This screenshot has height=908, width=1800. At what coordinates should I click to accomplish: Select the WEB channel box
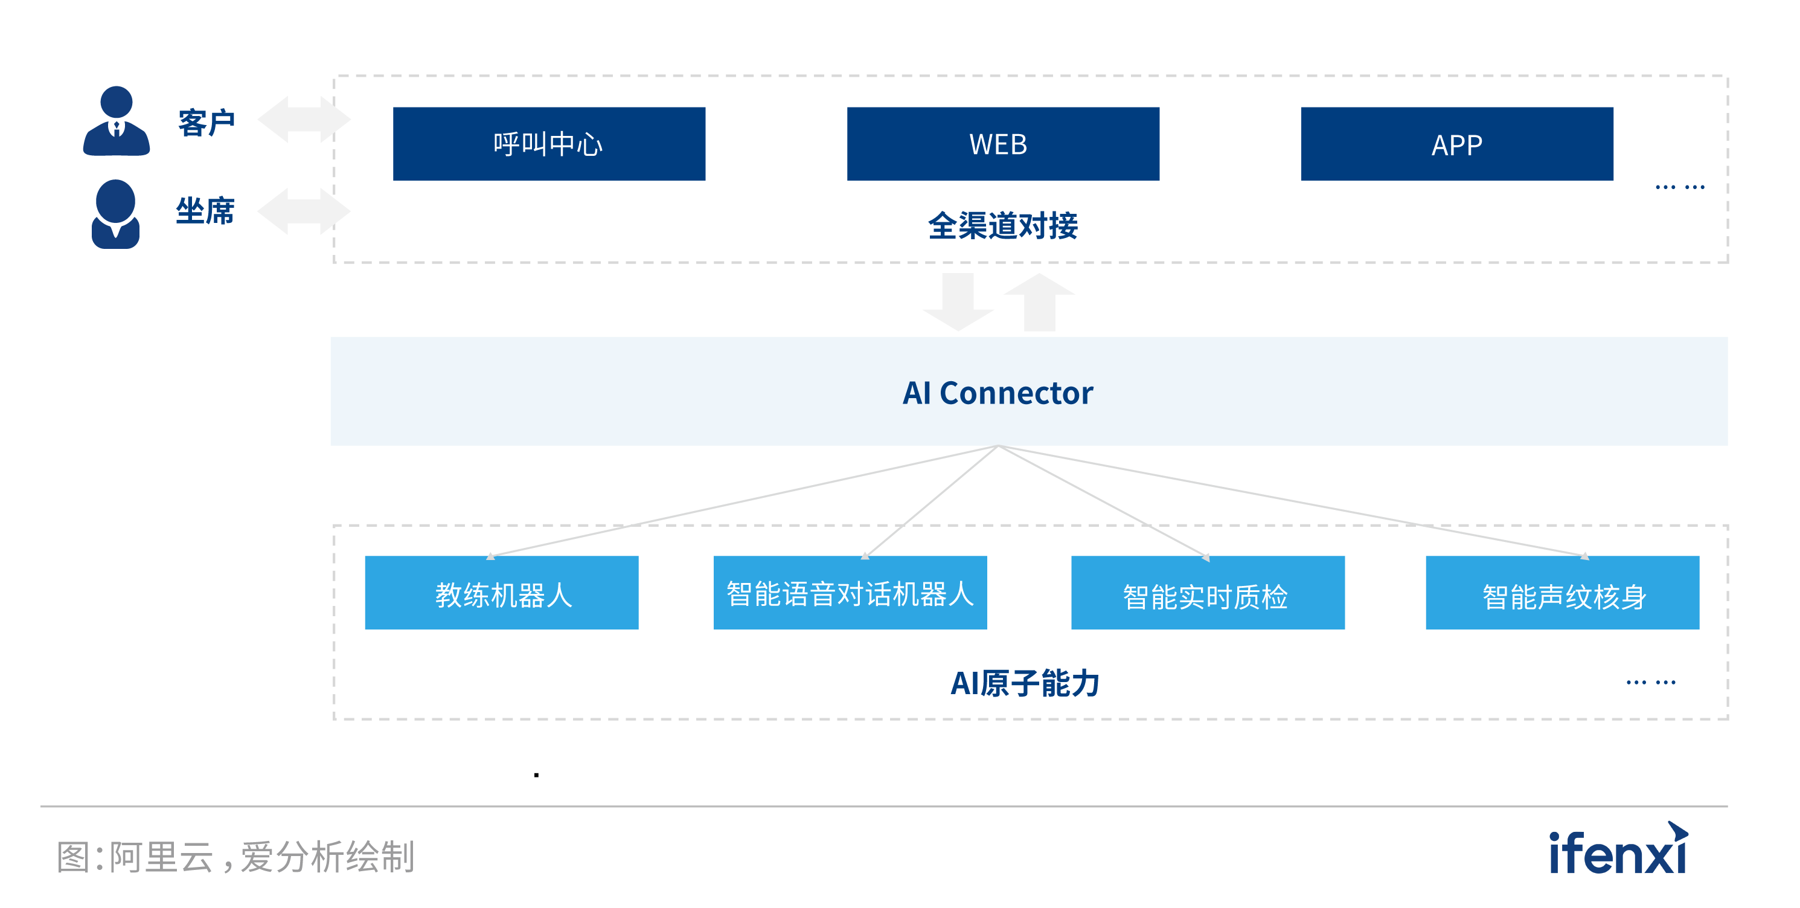1003,144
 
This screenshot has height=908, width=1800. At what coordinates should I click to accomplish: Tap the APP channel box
1456,144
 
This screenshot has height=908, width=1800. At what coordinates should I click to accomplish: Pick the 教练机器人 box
502,593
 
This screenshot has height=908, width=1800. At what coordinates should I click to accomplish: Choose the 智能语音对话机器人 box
850,593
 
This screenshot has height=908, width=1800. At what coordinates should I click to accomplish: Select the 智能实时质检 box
1208,593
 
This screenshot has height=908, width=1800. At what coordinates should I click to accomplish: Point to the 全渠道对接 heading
1003,226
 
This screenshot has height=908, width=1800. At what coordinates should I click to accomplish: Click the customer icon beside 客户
116,121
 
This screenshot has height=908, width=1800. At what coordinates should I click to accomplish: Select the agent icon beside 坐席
115,214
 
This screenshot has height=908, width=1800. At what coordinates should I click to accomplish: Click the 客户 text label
206,123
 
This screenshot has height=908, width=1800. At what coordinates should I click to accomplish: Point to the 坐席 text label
205,211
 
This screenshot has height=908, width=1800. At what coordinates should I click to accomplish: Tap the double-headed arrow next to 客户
304,120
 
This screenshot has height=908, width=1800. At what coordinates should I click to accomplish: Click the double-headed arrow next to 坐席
304,211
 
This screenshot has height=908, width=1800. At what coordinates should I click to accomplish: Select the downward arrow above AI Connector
958,301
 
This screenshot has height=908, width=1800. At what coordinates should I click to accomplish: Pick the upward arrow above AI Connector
1039,301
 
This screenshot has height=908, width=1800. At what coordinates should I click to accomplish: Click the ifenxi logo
1618,849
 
